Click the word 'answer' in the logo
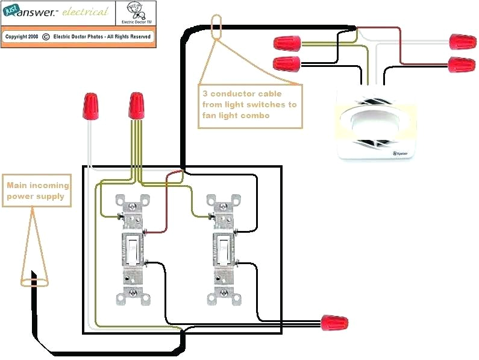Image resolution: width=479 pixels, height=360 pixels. tap(37, 12)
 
